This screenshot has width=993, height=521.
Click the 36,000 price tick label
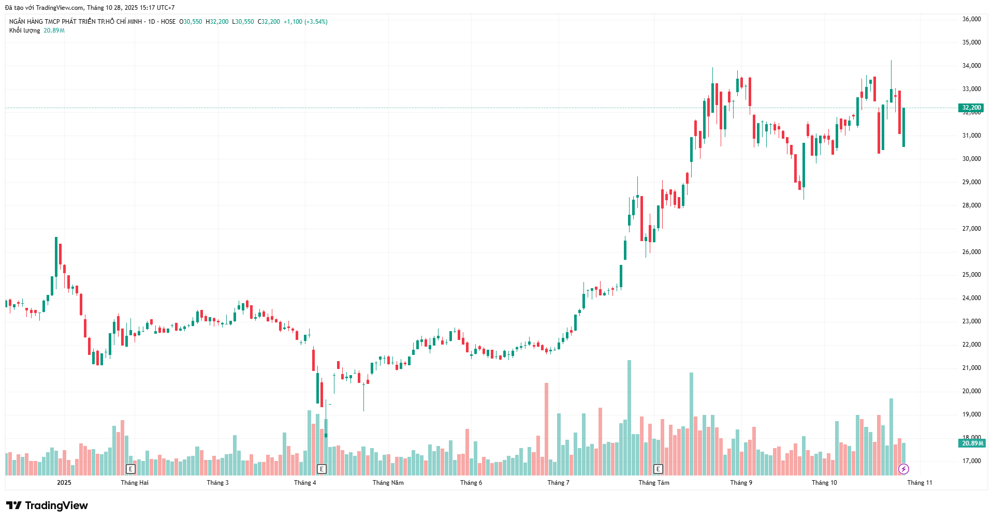pyautogui.click(x=971, y=19)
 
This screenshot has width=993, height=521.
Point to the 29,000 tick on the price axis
pyautogui.click(x=971, y=182)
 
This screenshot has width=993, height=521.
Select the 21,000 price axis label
pyautogui.click(x=971, y=368)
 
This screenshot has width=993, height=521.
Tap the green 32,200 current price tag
pyautogui.click(x=971, y=108)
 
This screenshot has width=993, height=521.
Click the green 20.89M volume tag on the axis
pyautogui.click(x=972, y=443)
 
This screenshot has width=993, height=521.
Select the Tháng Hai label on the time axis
pyautogui.click(x=135, y=483)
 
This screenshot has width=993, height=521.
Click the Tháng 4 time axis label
pyautogui.click(x=305, y=483)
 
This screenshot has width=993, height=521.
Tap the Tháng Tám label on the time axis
pyautogui.click(x=654, y=483)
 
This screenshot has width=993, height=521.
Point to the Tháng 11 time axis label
pyautogui.click(x=919, y=483)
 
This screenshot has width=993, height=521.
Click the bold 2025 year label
pyautogui.click(x=64, y=483)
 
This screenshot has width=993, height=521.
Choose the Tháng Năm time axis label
pyautogui.click(x=388, y=483)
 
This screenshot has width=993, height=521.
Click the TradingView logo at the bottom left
pyautogui.click(x=47, y=505)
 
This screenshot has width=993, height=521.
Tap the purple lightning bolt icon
pyautogui.click(x=903, y=469)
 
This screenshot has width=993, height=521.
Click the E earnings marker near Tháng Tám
pyautogui.click(x=658, y=469)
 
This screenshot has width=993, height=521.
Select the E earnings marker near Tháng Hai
pyautogui.click(x=130, y=469)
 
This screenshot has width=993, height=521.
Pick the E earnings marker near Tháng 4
pyautogui.click(x=322, y=469)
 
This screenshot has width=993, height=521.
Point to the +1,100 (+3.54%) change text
pyautogui.click(x=305, y=22)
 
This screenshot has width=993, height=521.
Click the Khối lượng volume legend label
pyautogui.click(x=24, y=31)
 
